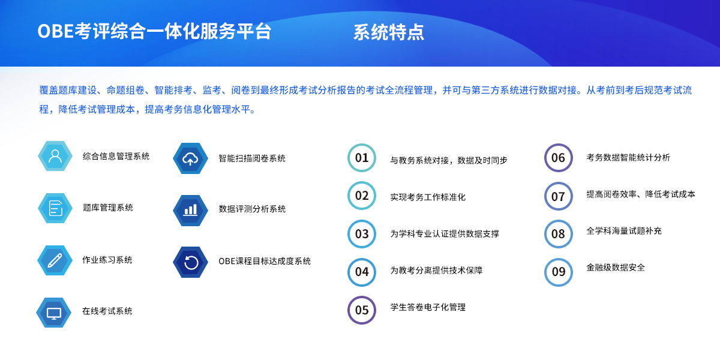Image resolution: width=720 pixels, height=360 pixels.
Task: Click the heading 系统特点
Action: coord(389,32)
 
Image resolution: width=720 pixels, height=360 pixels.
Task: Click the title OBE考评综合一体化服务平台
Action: coord(155,31)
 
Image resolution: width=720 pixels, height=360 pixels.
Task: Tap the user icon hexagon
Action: coord(55,156)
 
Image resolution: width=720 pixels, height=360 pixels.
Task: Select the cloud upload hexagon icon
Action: coord(190,158)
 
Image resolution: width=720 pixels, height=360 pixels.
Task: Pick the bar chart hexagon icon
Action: coord(190,211)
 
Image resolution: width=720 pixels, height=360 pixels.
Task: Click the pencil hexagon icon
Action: coord(55,260)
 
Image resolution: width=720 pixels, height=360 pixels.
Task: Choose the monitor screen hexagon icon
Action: coord(53,313)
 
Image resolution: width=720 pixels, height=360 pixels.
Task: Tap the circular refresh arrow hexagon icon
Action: coord(191,262)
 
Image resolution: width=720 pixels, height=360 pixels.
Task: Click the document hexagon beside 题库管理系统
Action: coord(55,208)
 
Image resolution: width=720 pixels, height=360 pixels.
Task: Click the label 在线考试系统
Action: coord(107,311)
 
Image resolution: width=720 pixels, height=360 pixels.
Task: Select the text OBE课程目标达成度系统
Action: coord(265,261)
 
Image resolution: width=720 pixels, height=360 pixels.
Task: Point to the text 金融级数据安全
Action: coord(616,268)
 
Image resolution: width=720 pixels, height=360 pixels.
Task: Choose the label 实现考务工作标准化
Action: coord(428,197)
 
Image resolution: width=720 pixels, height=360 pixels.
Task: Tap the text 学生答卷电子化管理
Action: coord(428,307)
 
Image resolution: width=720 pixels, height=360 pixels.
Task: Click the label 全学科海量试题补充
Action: coord(624,231)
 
